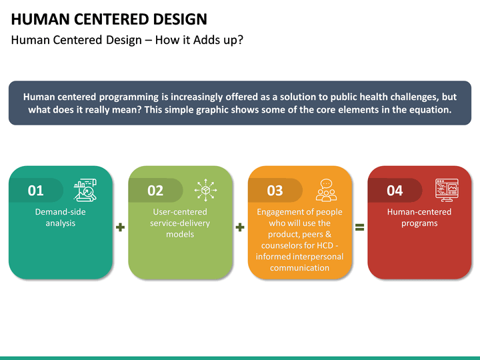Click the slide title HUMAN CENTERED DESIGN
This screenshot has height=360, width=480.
click(109, 19)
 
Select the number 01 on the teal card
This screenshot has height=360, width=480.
click(35, 191)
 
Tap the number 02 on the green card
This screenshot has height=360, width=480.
click(155, 191)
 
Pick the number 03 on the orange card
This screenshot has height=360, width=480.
click(275, 191)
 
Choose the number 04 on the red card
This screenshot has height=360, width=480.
click(395, 191)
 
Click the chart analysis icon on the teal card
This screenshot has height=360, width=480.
click(85, 190)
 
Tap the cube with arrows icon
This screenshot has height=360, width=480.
click(205, 190)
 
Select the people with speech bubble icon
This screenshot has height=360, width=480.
click(326, 190)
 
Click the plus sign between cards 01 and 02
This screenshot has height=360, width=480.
click(120, 227)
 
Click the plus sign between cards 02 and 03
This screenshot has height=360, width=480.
click(240, 227)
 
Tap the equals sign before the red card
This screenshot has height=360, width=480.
click(359, 227)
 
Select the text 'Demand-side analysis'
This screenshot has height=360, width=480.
click(61, 217)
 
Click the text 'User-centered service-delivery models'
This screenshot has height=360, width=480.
click(180, 223)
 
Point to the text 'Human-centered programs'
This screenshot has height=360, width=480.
click(419, 217)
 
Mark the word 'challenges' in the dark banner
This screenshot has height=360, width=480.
click(413, 97)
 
